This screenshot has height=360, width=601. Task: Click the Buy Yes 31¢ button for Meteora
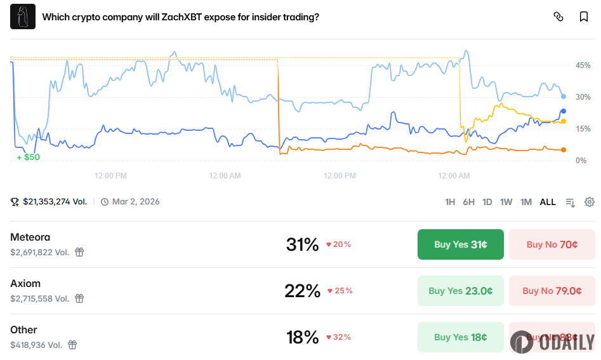460,244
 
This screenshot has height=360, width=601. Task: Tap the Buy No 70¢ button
551,244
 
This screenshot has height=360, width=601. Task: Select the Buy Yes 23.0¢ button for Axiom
460,291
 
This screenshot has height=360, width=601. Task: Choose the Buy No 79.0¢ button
551,291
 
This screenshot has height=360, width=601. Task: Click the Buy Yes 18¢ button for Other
460,337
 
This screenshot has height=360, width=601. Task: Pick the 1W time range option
506,202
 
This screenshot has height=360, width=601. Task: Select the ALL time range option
548,202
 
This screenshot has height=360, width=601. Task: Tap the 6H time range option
468,202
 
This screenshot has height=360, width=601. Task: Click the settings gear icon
590,202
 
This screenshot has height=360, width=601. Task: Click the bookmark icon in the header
584,17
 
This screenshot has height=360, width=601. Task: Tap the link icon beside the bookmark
558,17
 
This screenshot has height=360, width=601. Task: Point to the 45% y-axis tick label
583,65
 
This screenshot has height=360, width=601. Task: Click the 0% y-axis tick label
581,161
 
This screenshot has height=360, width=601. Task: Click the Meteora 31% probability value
302,244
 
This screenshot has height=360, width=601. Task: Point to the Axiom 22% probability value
302,291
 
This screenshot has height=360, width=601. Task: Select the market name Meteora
30,237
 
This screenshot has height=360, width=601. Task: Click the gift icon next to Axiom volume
79,298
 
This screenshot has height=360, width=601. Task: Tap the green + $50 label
28,157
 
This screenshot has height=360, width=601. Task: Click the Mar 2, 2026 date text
136,202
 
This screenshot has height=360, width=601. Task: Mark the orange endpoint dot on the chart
564,150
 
